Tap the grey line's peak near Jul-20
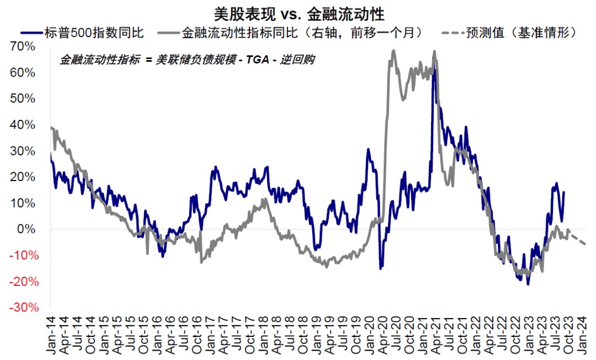click(393, 51)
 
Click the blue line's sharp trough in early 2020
click(380, 268)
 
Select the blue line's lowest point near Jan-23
click(528, 284)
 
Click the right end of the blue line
click(563, 192)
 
